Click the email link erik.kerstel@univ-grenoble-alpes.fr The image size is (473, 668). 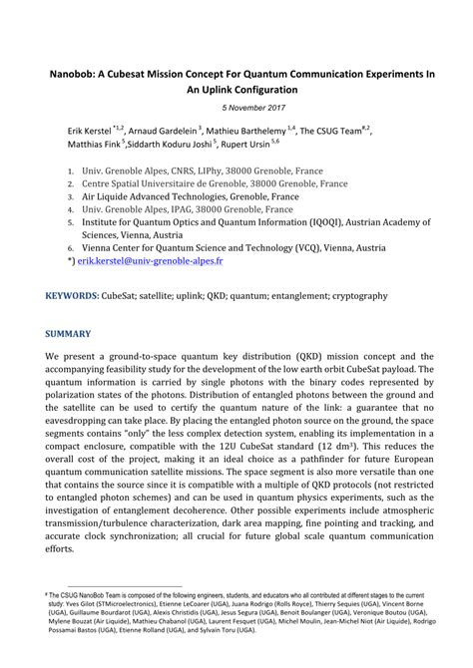(151, 261)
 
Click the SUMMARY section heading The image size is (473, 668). (68, 334)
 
